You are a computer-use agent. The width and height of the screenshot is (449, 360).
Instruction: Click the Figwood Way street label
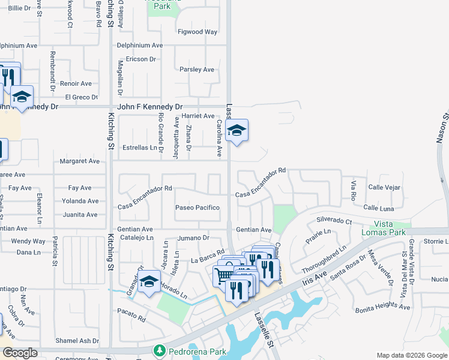coord(197,32)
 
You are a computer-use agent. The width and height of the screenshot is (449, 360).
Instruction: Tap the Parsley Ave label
coord(197,70)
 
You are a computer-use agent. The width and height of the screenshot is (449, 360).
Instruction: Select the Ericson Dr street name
coord(140,59)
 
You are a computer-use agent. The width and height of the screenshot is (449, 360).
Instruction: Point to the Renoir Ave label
coord(76,83)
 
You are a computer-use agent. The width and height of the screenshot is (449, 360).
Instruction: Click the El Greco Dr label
coord(81,97)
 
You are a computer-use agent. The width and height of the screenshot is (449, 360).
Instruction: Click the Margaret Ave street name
coord(79,161)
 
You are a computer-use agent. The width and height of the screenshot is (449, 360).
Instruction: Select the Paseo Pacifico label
coord(197,208)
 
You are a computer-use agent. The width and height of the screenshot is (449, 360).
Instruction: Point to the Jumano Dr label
coord(192,238)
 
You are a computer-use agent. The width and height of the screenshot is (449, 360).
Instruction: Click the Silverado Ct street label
coord(334,221)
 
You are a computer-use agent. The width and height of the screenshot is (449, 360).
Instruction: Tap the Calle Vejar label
coord(384,187)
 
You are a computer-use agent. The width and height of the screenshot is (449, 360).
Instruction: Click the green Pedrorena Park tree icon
coord(160,350)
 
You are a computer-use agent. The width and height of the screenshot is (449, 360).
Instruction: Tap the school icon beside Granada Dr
coord(148,281)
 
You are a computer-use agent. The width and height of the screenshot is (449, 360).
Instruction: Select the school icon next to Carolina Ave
coord(237,130)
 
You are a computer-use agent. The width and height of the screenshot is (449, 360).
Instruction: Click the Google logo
coord(20,353)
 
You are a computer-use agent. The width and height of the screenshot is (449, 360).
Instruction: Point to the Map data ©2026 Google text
coord(411,355)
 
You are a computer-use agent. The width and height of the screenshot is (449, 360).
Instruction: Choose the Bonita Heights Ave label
coord(382,307)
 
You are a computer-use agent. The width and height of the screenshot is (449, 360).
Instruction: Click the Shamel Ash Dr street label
coord(77,341)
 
